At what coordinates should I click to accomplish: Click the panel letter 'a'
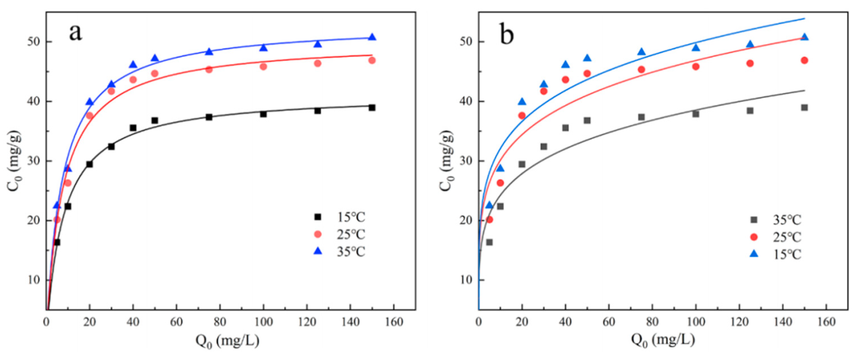(x=75, y=33)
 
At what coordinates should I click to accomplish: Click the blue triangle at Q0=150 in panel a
(x=372, y=37)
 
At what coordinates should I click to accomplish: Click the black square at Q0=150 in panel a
(x=372, y=108)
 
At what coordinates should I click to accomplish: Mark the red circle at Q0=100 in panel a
(x=264, y=67)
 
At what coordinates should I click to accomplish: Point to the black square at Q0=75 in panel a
(x=209, y=117)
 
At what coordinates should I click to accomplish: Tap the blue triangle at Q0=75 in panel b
(x=641, y=52)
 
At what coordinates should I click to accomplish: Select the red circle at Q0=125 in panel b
(x=750, y=63)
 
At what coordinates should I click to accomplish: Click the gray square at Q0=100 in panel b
(x=696, y=114)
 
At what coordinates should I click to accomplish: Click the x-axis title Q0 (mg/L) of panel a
(x=228, y=341)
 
